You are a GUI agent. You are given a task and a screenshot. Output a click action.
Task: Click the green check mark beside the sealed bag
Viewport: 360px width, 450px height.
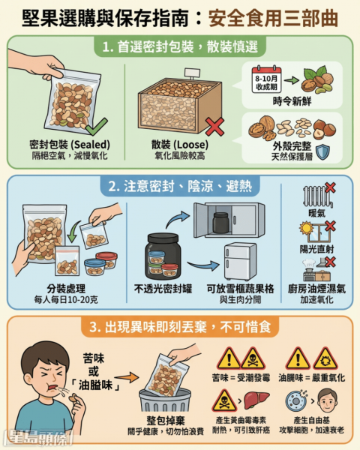96,127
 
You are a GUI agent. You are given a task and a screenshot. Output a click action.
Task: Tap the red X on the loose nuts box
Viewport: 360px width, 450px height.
215,127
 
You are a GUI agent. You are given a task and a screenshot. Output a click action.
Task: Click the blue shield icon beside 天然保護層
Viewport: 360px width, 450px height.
322,152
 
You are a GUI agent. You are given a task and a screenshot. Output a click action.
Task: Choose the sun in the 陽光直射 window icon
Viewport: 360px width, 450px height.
306,228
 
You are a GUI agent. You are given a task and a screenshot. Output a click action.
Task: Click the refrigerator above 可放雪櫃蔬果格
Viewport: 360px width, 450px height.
240,262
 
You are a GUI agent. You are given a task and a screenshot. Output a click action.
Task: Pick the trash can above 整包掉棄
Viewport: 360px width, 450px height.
165,400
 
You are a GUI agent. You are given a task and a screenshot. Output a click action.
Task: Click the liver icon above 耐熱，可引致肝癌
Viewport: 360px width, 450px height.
256,400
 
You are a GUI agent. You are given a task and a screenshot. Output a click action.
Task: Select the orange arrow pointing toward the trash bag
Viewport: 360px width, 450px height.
127,377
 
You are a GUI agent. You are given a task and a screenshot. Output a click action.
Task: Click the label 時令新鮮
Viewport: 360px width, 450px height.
292,101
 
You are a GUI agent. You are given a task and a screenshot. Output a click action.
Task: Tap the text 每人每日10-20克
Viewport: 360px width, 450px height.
66,299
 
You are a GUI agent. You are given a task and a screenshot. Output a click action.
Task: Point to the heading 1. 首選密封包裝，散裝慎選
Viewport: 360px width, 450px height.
180,46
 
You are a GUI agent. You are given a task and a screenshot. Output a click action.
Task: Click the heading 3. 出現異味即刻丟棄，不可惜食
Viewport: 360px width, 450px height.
180,327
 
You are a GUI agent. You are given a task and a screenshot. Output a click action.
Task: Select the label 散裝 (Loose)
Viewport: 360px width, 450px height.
180,144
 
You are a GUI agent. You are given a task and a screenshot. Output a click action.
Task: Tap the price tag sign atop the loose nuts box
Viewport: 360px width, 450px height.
192,73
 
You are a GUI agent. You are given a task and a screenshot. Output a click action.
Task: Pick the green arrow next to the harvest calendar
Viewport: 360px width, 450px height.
292,80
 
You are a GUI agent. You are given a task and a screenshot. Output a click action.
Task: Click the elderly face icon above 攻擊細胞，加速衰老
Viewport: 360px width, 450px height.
327,400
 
